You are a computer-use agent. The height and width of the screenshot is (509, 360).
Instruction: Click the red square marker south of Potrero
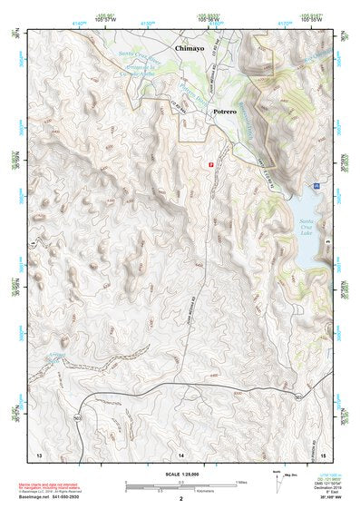click(x=211, y=164)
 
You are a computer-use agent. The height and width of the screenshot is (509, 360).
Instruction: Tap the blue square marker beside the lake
click(x=316, y=185)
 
